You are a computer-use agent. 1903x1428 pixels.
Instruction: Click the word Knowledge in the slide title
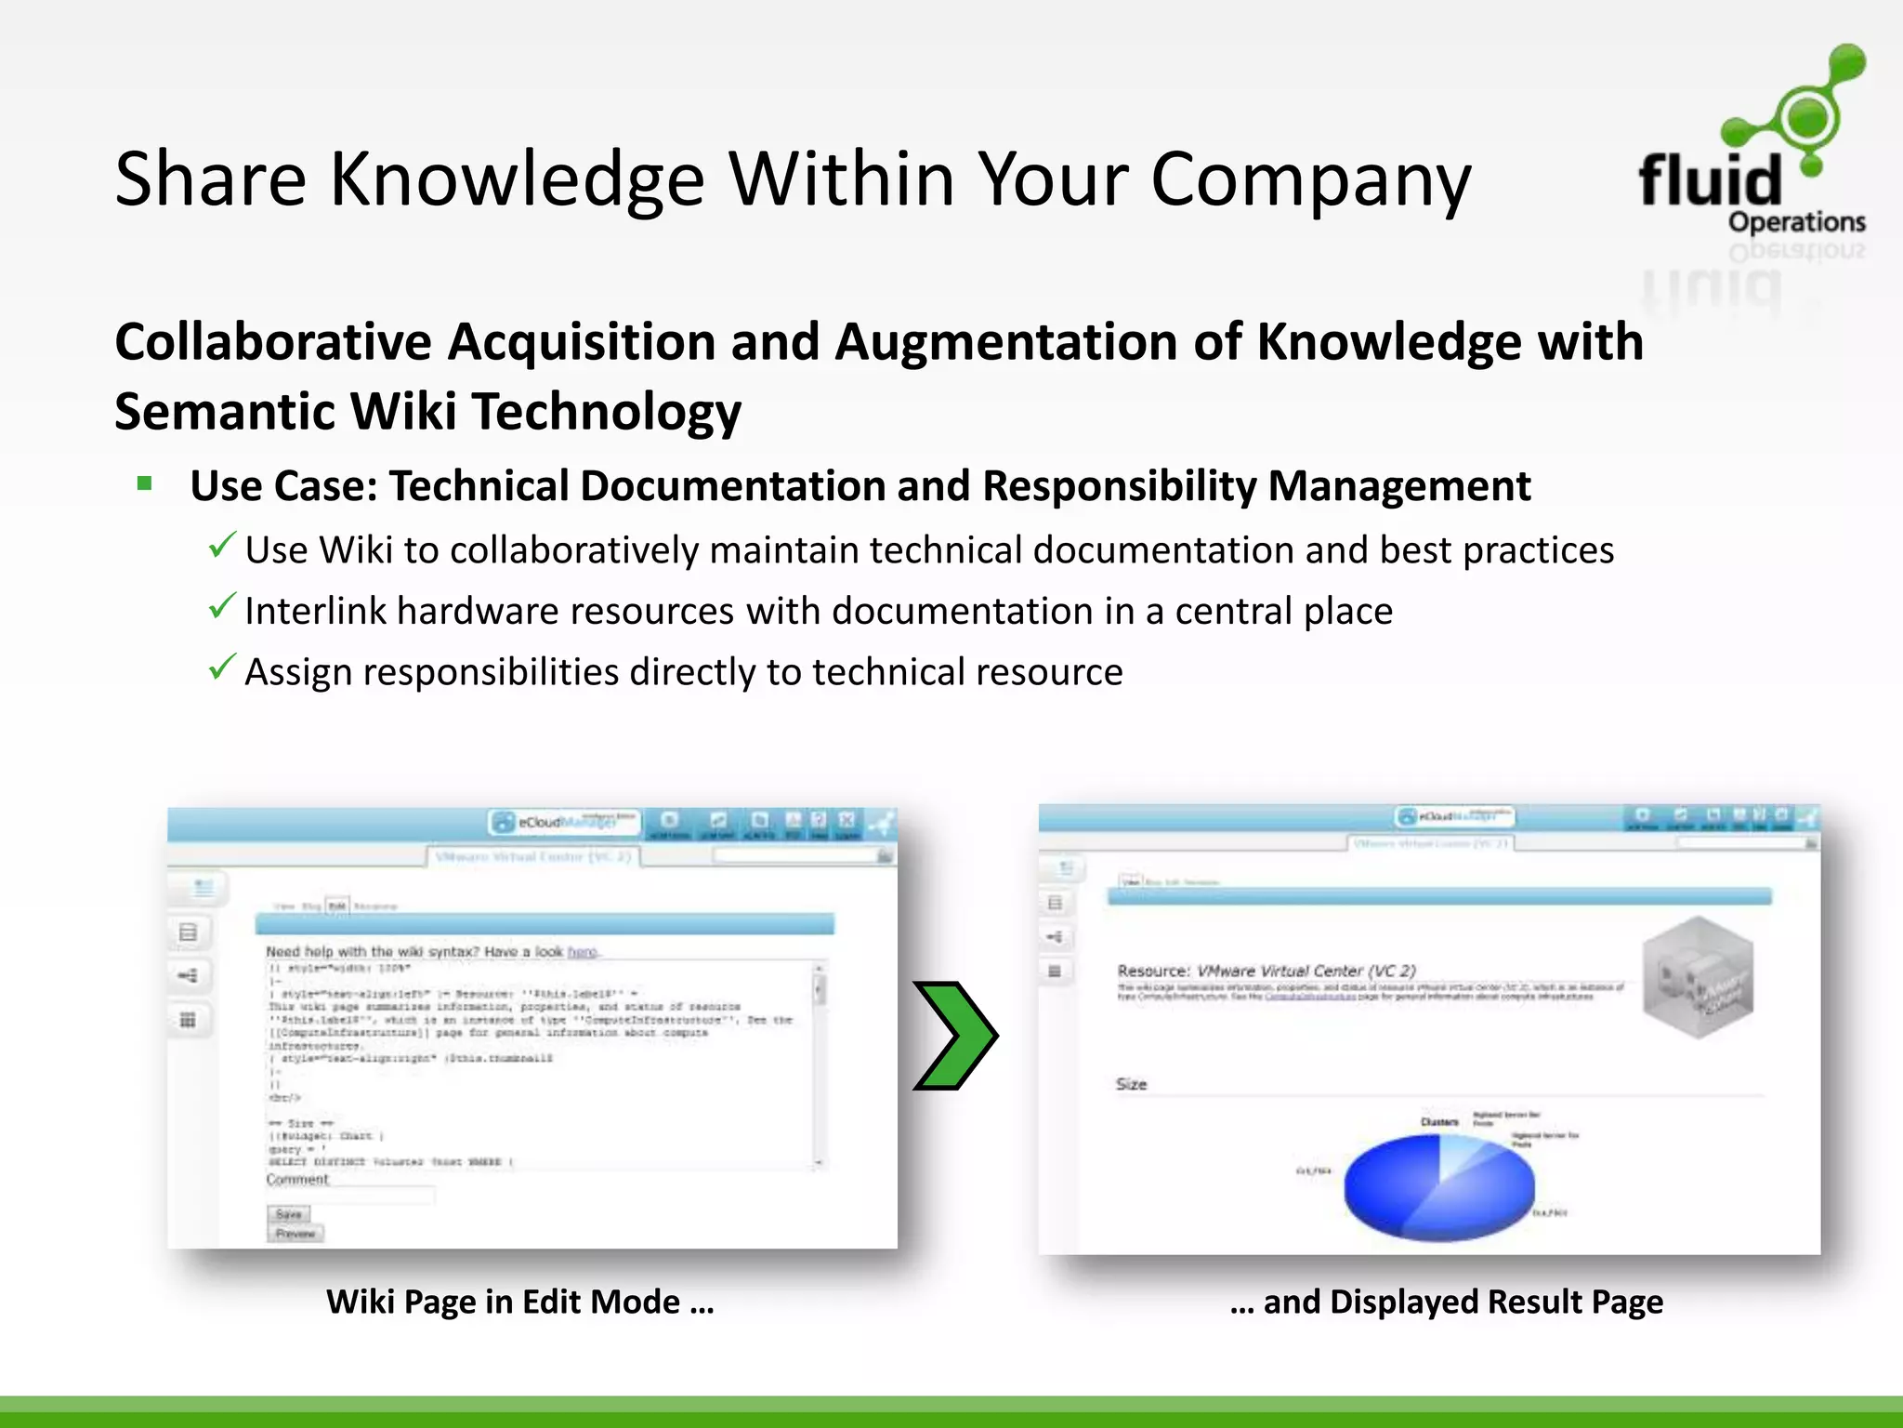pos(518,179)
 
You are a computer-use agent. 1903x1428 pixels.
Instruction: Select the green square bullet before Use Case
pos(144,483)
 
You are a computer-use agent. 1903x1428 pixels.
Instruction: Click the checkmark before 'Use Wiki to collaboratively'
pos(221,546)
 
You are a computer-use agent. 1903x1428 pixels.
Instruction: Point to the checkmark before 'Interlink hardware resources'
pos(221,607)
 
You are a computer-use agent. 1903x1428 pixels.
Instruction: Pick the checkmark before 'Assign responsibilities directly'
pos(221,668)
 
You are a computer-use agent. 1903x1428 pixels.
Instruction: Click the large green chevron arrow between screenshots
pos(955,1035)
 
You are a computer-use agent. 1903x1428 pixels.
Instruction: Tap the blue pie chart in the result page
pos(1438,1187)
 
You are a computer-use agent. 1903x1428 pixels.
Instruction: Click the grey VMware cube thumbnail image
pos(1697,978)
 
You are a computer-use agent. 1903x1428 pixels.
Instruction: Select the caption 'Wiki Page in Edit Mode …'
pos(519,1302)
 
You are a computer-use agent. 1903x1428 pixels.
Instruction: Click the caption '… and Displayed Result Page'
pos(1446,1302)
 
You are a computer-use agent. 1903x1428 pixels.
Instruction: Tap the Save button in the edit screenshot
pos(289,1214)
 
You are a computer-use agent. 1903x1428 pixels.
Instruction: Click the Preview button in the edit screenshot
pos(295,1234)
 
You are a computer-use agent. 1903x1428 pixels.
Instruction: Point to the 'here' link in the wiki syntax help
pos(582,952)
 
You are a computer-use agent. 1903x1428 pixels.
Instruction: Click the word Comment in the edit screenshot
pos(297,1180)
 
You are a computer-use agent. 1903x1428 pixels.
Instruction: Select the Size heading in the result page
pos(1131,1084)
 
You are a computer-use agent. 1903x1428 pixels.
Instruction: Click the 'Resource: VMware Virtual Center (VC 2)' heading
pos(1266,971)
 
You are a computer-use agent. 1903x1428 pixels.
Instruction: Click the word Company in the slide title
pos(1310,179)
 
